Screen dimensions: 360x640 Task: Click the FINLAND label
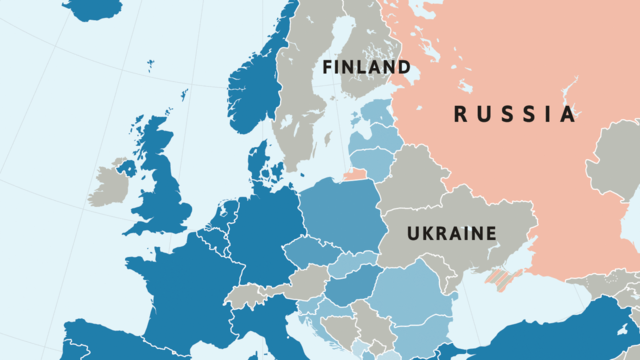pyautogui.click(x=366, y=67)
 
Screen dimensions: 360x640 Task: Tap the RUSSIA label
pyautogui.click(x=515, y=114)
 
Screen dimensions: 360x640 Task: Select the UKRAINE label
pyautogui.click(x=451, y=233)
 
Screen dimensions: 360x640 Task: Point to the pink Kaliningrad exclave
pyautogui.click(x=356, y=176)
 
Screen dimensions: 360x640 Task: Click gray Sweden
pyautogui.click(x=300, y=110)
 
